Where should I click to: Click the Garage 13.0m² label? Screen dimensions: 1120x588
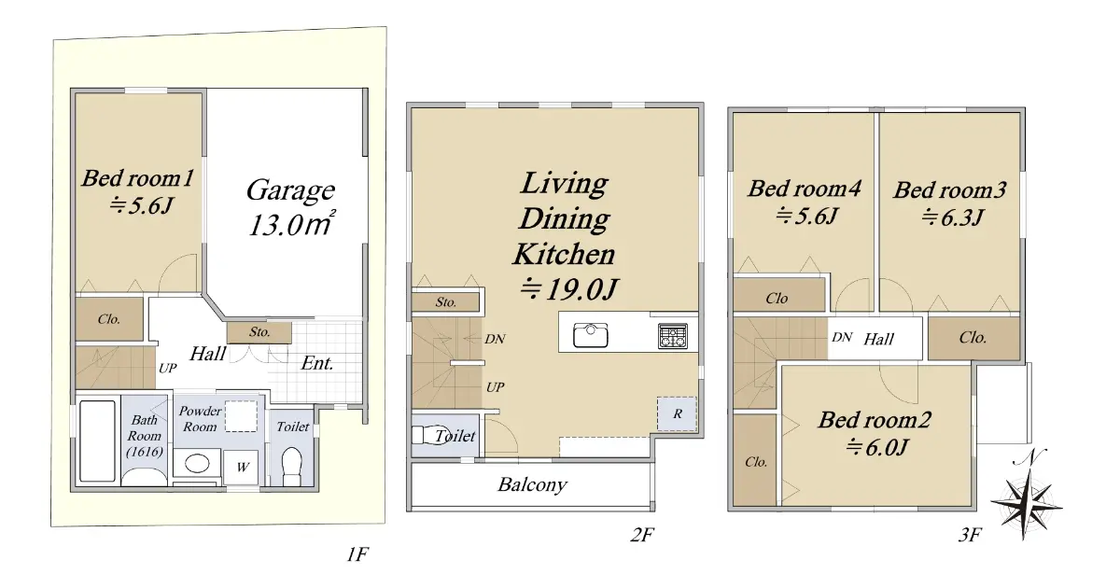click(291, 207)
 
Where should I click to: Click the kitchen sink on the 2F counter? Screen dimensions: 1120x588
click(591, 335)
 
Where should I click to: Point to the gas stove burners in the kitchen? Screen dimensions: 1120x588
click(673, 336)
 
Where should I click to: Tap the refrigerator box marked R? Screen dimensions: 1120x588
click(677, 413)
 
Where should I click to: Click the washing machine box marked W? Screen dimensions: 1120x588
click(241, 467)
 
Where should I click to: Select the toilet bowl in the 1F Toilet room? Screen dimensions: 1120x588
click(292, 466)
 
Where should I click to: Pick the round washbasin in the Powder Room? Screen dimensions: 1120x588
click(198, 464)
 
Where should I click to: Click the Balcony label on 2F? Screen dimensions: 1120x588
click(533, 484)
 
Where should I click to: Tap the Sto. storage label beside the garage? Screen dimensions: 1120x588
click(259, 332)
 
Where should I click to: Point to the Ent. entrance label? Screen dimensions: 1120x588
click(317, 363)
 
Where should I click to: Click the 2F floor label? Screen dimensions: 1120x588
click(642, 535)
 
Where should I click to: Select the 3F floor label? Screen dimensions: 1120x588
click(970, 535)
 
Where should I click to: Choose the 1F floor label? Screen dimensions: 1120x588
click(357, 554)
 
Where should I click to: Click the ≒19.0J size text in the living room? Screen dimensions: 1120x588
click(569, 289)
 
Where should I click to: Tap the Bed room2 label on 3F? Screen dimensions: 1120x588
click(875, 420)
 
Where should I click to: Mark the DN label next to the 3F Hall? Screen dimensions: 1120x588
click(842, 338)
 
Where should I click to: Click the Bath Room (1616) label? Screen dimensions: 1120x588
click(145, 436)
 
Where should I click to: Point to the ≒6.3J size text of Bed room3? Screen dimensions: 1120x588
click(953, 218)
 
